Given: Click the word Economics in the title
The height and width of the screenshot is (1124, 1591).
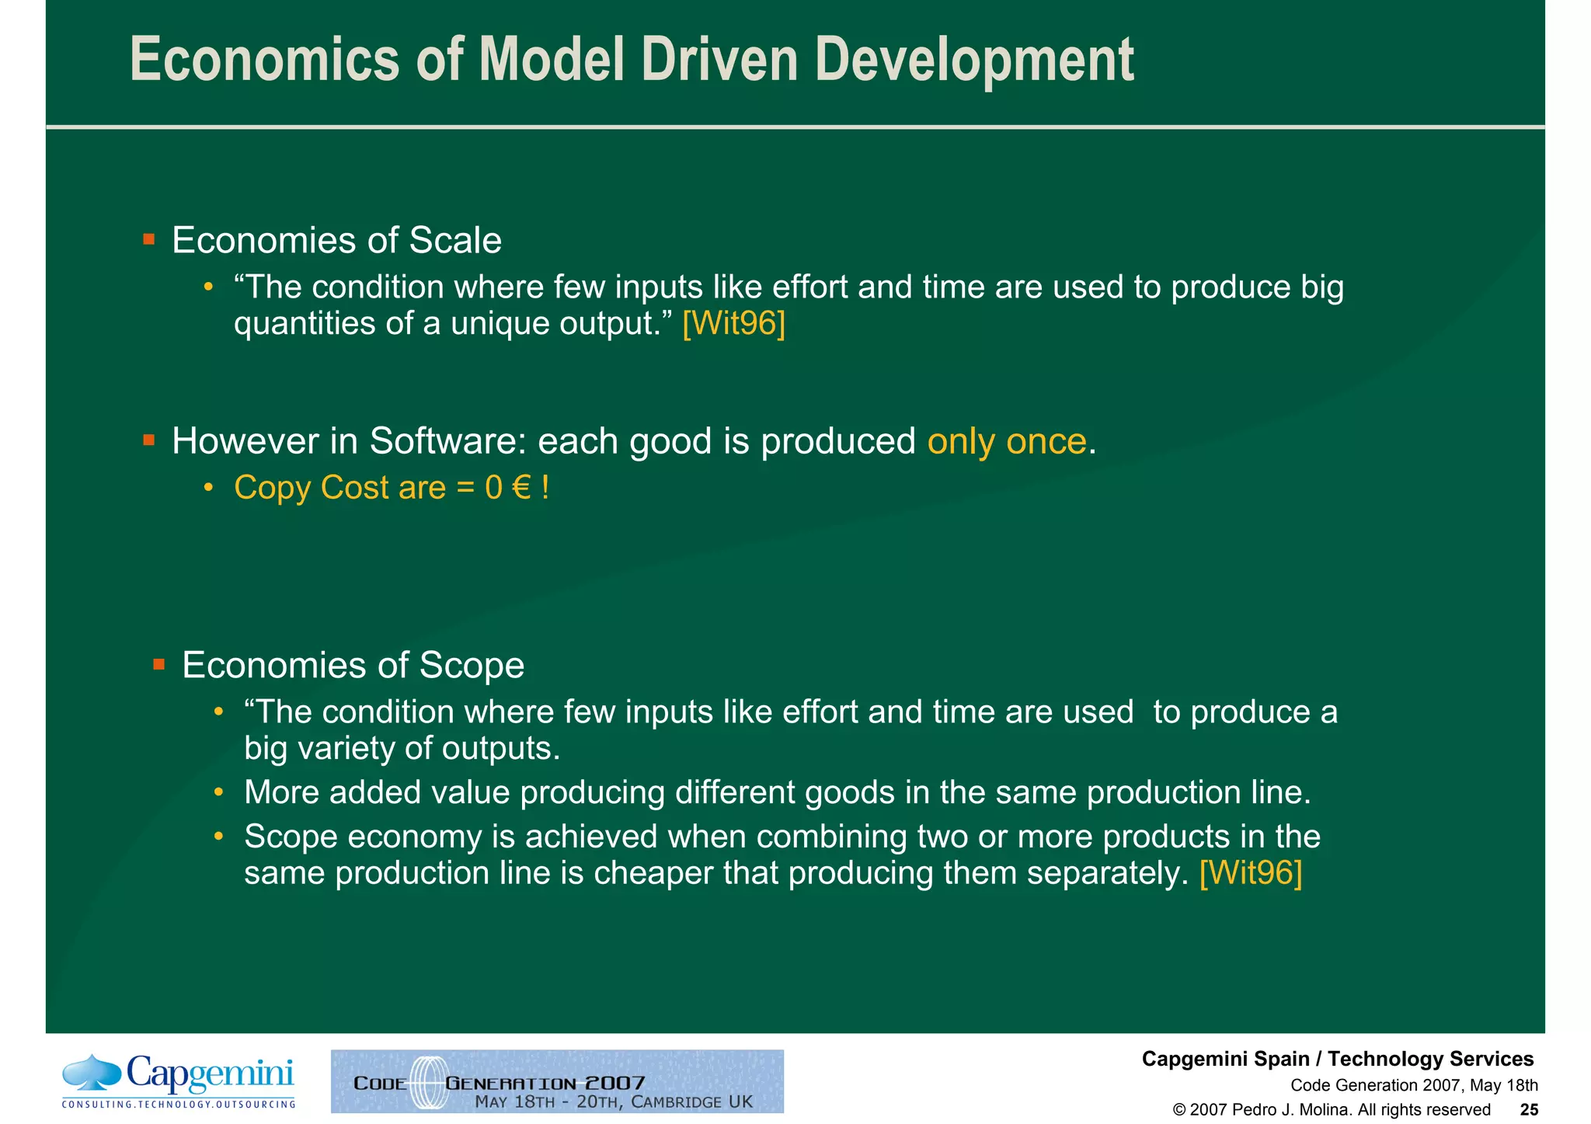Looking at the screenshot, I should click(x=264, y=61).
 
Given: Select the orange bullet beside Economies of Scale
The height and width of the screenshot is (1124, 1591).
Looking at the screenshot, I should click(x=149, y=239).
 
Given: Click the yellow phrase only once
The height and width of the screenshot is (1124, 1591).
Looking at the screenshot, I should click(x=1006, y=442).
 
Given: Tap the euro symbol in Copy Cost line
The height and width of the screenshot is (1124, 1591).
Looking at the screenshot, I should click(x=522, y=489).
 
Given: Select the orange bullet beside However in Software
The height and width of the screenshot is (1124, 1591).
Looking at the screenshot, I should click(x=149, y=441).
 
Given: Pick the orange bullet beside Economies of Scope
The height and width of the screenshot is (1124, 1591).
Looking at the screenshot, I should click(x=159, y=664).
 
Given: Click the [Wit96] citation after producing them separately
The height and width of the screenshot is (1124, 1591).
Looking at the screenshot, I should click(x=1250, y=873).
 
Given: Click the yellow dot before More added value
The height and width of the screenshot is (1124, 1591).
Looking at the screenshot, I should click(x=219, y=792).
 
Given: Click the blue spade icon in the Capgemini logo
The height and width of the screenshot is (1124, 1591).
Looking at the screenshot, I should click(x=92, y=1073).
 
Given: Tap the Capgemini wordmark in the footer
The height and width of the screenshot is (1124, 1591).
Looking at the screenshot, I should click(x=210, y=1075).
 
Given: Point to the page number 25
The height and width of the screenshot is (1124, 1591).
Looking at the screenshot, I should click(x=1528, y=1110).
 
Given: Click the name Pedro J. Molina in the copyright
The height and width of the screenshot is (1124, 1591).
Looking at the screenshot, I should click(x=1290, y=1110).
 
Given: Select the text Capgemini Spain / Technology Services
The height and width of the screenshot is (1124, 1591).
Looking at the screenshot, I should click(x=1337, y=1060).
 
